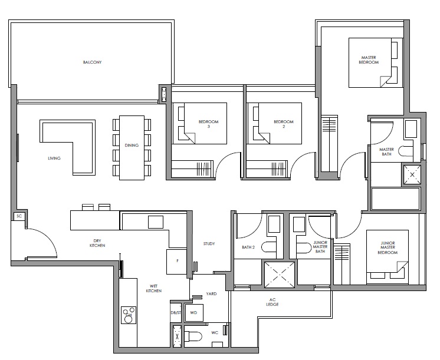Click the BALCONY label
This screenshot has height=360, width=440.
[x=92, y=62]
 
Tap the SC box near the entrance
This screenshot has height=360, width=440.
[x=19, y=216]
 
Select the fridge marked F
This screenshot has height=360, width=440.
[x=177, y=262]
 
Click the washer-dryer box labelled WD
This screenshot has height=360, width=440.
[x=193, y=313]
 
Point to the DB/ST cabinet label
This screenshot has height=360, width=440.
[x=176, y=313]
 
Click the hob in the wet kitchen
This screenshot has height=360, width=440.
[x=129, y=315]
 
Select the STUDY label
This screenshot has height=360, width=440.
[x=209, y=244]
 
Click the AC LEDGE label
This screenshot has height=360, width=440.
[x=272, y=302]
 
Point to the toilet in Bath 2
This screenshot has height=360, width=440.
[x=268, y=247]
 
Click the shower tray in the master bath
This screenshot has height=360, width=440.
[x=412, y=174]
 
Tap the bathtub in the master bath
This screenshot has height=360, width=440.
[x=395, y=199]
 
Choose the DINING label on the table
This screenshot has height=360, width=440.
[x=132, y=145]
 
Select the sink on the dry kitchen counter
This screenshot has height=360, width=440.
[x=156, y=222]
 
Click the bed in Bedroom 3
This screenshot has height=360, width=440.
[x=199, y=123]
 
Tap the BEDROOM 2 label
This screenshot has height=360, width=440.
[x=284, y=124]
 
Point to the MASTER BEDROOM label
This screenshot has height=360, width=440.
[x=369, y=60]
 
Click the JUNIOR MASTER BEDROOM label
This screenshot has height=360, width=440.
[x=388, y=248]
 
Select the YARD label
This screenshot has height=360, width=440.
[x=211, y=294]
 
